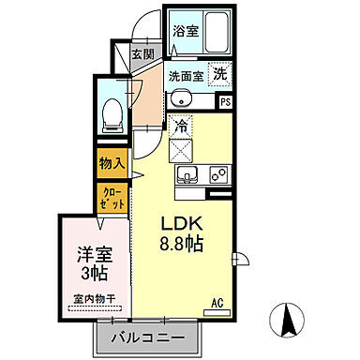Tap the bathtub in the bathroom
[217, 35]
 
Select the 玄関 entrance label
[143, 54]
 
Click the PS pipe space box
[225, 101]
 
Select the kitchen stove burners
[217, 173]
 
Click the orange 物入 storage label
[112, 163]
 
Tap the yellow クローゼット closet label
[112, 197]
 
